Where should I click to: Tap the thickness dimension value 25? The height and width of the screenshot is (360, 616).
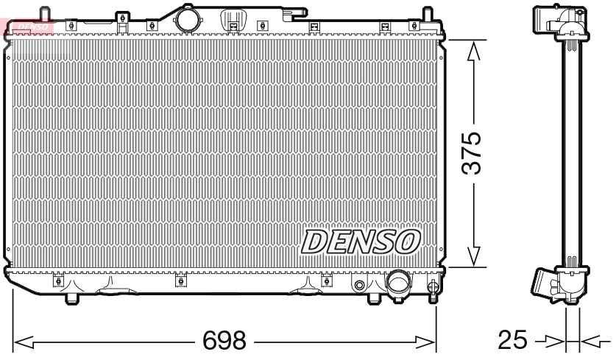[x=514, y=341]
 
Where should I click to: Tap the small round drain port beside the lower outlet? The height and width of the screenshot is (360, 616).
[x=360, y=285]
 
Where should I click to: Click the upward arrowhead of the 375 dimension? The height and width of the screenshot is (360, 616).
[x=475, y=50]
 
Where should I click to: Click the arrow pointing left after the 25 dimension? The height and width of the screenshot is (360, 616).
[x=592, y=342]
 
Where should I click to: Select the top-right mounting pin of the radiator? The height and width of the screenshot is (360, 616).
[x=425, y=15]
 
